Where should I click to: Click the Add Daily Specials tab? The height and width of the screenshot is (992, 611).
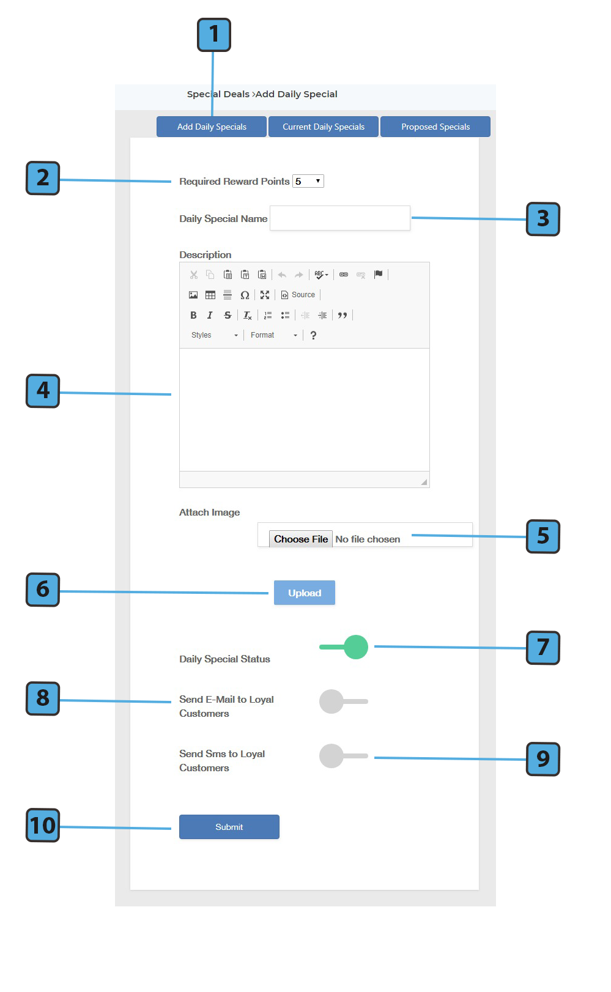(x=212, y=127)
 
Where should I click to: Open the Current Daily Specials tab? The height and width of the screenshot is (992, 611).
(x=324, y=127)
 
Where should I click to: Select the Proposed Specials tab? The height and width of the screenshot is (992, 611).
(x=435, y=127)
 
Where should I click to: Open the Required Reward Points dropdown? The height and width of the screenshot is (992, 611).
(x=308, y=181)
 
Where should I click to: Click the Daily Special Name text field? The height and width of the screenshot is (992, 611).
(x=340, y=218)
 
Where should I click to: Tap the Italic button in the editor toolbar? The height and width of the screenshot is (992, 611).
(x=210, y=316)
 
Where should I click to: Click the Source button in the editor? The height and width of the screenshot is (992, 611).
(x=298, y=295)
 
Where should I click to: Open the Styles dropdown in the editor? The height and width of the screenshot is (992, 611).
(x=214, y=335)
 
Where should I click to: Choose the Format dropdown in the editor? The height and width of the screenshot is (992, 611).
(x=273, y=335)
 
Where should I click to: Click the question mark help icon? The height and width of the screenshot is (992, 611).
(x=314, y=335)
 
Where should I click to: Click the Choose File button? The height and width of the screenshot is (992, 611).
(x=301, y=539)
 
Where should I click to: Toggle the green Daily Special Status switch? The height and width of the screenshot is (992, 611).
(x=344, y=647)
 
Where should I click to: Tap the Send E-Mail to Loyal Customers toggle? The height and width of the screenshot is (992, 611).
(x=344, y=701)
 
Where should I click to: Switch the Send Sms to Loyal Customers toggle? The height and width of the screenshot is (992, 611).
(x=344, y=756)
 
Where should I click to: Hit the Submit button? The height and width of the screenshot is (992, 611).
(x=229, y=827)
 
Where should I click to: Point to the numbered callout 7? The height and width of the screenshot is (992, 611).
(x=543, y=648)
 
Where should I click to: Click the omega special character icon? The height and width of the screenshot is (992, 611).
(x=245, y=295)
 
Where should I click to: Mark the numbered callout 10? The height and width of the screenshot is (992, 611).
(x=42, y=825)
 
